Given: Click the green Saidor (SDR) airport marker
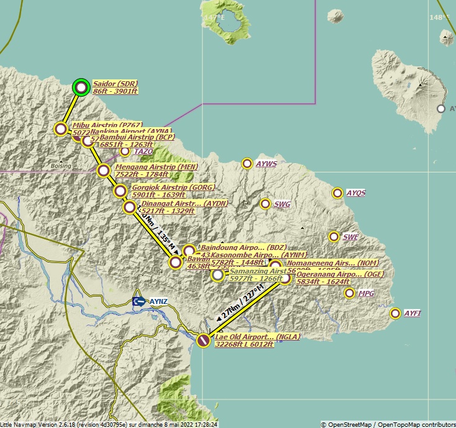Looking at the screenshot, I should pos(81,87).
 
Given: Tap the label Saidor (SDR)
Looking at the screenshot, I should pos(115,84).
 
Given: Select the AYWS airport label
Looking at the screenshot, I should pos(266,164).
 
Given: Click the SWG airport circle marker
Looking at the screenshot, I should pos(265,203).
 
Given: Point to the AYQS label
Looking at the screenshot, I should pos(355,193).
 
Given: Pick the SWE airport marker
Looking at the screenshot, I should pos(334,236).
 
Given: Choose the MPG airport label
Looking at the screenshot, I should pos(367,293).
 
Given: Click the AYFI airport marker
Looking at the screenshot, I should pos(395,313).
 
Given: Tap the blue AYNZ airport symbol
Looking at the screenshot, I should pos(139,301).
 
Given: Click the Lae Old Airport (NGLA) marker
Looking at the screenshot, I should pos(203,340).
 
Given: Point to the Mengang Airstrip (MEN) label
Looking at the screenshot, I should pos(156,167).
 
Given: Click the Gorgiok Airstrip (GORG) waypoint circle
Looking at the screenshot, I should pos(120,190).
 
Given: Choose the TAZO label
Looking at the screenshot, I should pos(143,151).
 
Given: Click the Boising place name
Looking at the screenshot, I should pos(61,166).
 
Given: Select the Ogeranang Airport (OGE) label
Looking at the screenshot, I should pos(340,274).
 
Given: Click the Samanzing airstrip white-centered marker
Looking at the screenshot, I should pos(217,275).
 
